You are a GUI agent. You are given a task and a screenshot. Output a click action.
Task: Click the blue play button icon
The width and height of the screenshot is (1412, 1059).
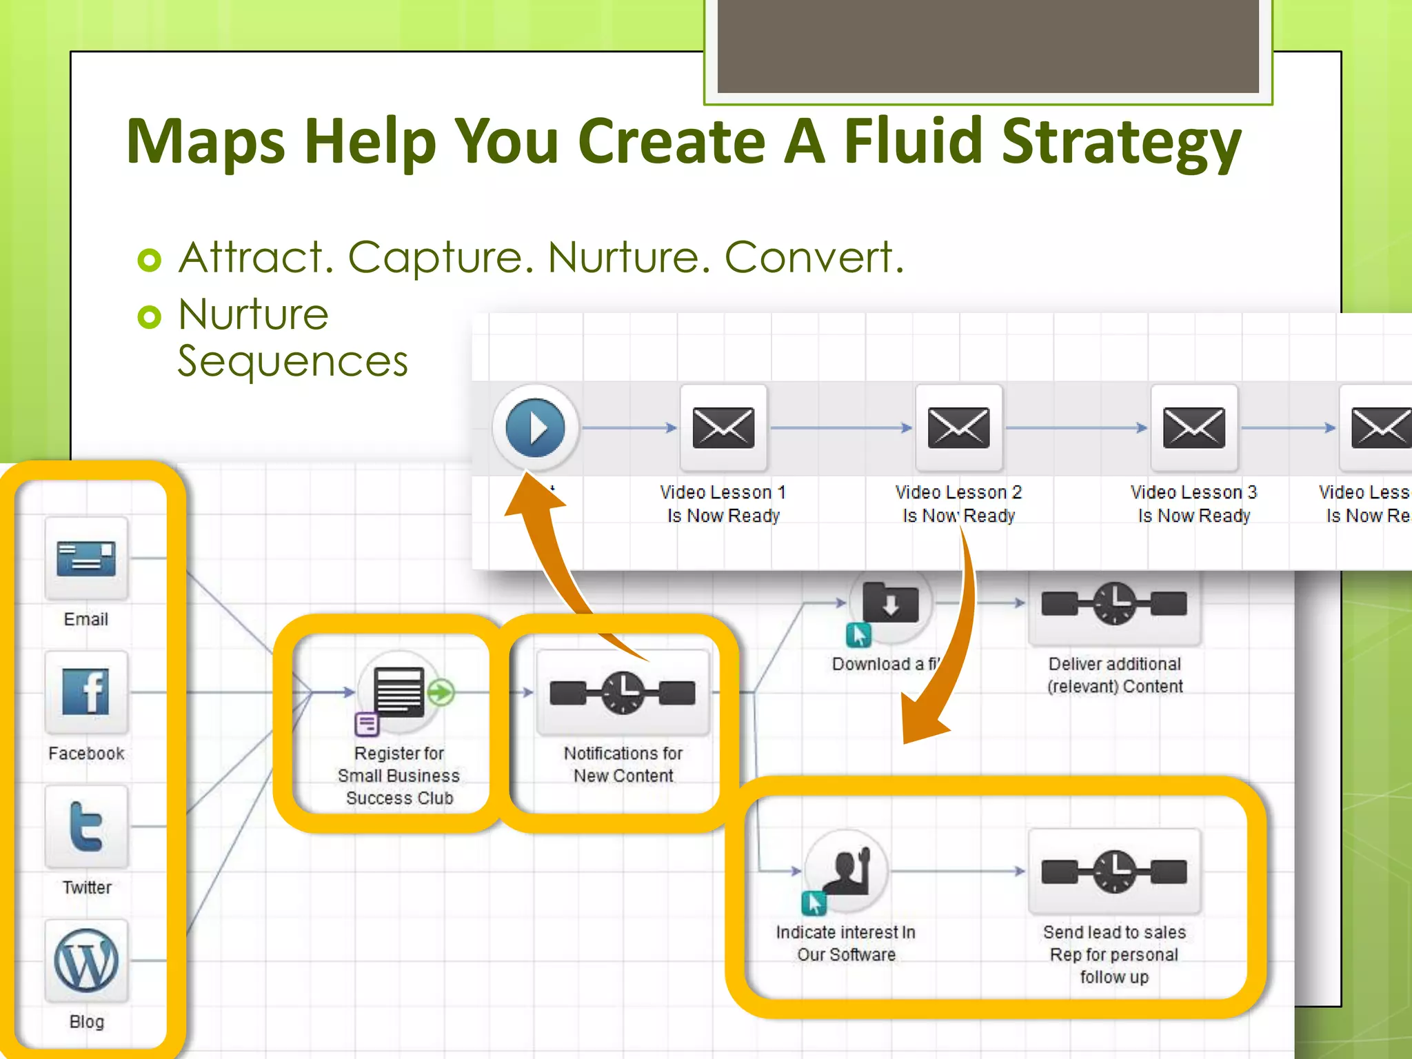tap(535, 427)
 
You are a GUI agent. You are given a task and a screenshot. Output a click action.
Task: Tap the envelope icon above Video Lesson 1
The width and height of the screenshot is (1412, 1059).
tap(723, 427)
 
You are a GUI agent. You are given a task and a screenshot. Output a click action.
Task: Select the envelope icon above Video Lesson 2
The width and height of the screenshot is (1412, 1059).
tap(958, 427)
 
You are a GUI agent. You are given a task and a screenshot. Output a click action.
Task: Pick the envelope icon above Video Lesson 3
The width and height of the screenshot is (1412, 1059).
tap(1193, 427)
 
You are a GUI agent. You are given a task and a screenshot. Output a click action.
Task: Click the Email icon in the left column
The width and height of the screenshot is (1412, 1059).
tap(86, 558)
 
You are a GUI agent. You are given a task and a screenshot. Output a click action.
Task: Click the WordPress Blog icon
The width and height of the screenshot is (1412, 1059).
tap(86, 960)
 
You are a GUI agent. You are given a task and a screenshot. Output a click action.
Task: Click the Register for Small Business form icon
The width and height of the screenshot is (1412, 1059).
tap(399, 692)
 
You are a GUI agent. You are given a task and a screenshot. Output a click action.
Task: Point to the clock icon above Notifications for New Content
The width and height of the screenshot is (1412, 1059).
tap(623, 692)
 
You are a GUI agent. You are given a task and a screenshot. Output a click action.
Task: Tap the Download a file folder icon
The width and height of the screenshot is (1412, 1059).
tap(890, 603)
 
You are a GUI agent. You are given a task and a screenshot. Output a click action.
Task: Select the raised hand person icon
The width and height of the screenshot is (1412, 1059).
tap(847, 871)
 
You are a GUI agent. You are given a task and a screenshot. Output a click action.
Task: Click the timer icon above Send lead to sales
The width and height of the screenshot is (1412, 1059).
tap(1114, 871)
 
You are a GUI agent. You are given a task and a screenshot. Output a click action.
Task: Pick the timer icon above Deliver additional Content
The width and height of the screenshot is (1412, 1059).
tap(1114, 603)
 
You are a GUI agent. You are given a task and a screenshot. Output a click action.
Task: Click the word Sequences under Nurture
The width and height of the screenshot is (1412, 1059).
tap(293, 361)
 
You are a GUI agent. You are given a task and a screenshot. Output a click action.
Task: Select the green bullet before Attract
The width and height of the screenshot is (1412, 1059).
tap(150, 260)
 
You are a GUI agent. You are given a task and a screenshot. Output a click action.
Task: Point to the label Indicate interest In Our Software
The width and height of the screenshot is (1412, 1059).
tap(846, 943)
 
